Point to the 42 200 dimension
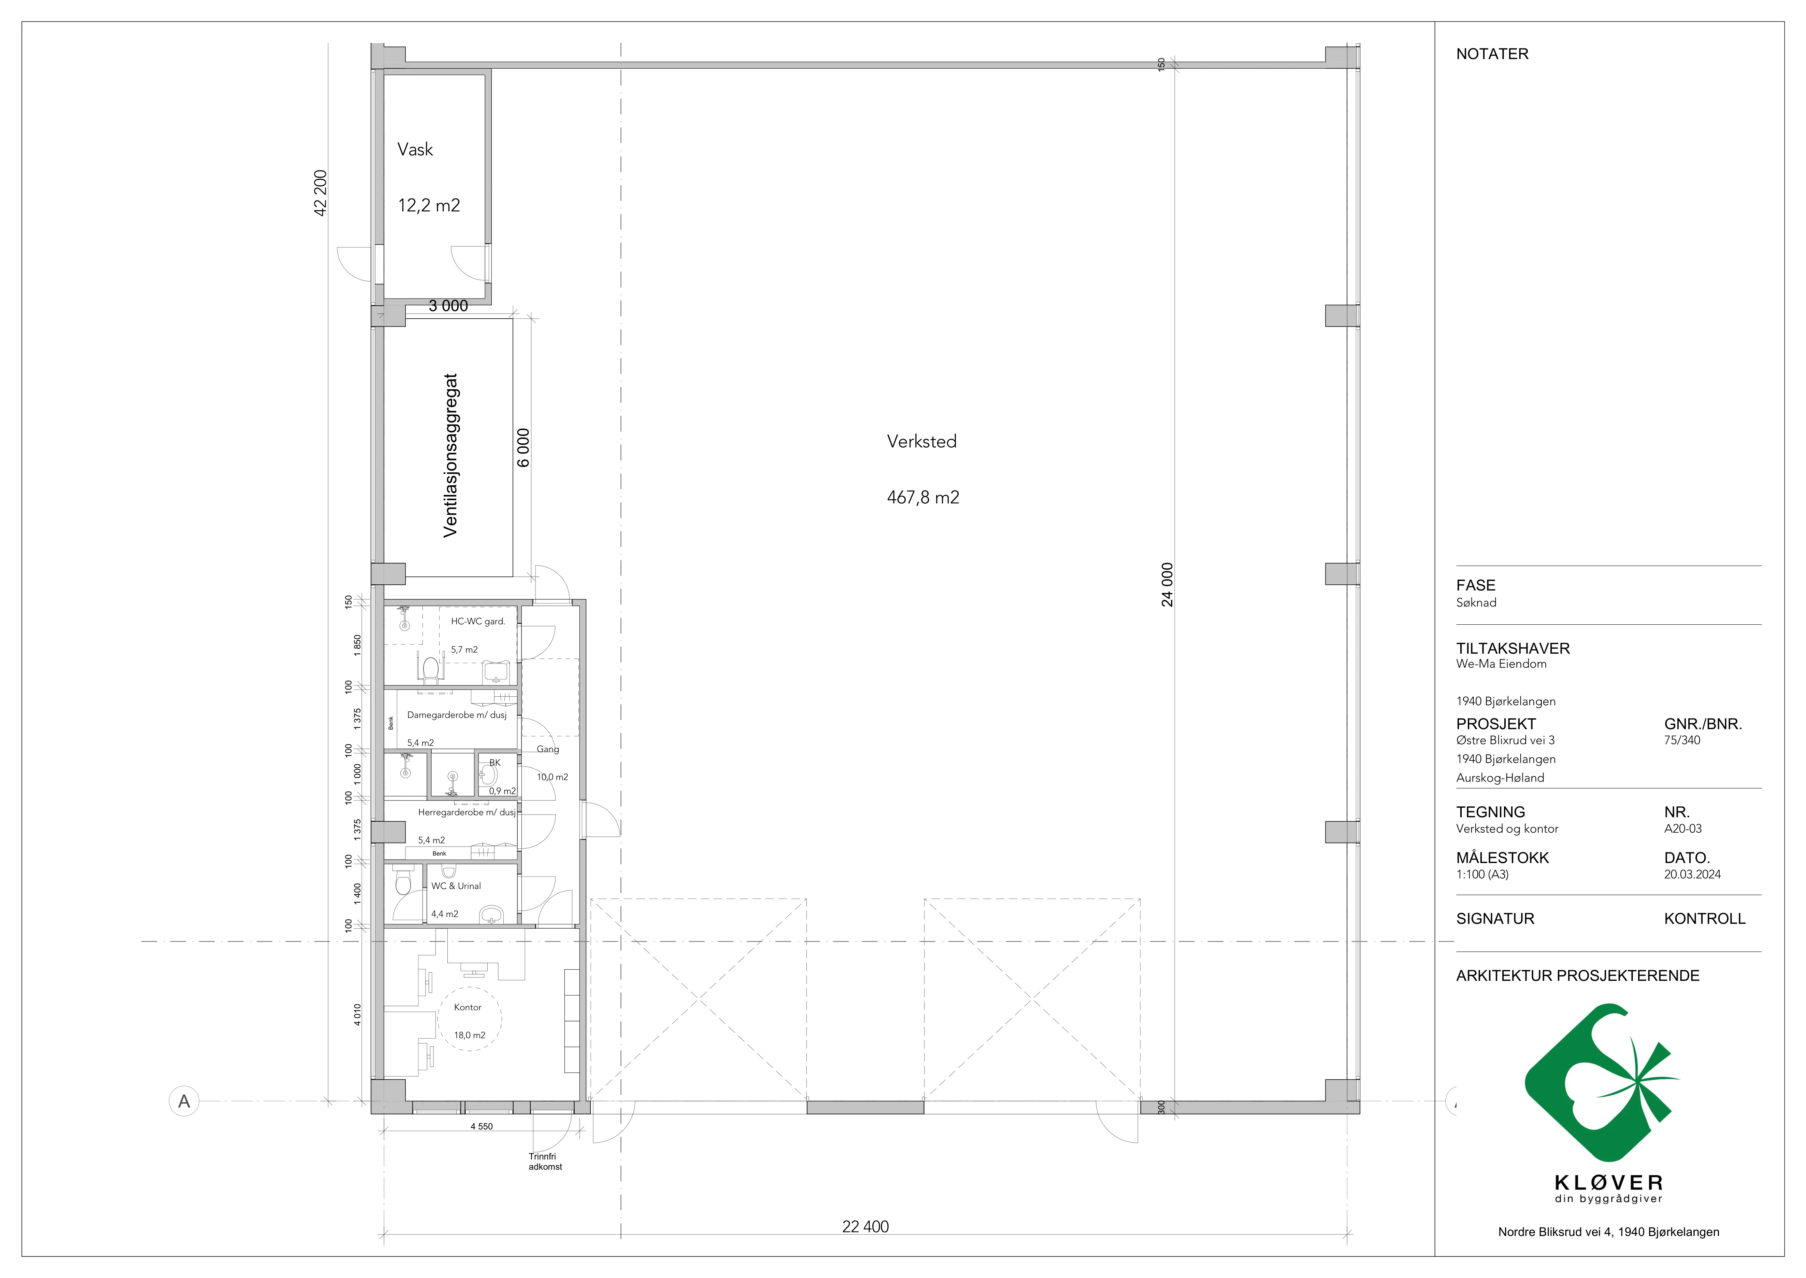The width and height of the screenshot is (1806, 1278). click(320, 193)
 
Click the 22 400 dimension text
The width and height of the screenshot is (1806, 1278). click(865, 1226)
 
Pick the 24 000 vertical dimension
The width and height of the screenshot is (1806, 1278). click(1167, 585)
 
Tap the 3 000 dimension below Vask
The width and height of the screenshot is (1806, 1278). click(448, 306)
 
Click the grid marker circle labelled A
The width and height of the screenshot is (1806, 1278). click(184, 1101)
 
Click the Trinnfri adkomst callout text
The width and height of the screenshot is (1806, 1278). click(545, 1162)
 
